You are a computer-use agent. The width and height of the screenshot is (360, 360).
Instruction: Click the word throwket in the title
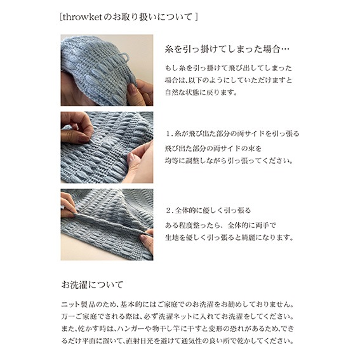[x=82, y=17]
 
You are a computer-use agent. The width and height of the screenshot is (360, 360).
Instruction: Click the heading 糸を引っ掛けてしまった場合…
[x=227, y=49]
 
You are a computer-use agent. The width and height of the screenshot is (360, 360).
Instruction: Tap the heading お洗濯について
[x=92, y=284]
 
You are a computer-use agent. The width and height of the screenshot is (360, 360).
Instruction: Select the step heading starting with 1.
[x=232, y=133]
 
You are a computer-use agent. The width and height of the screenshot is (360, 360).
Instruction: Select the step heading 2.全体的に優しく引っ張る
[x=208, y=210]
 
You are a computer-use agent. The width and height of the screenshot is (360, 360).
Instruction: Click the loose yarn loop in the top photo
[x=124, y=57]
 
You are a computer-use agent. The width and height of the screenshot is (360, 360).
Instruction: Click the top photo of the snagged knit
[x=107, y=70]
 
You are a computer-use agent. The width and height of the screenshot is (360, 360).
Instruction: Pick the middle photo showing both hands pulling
[x=107, y=147]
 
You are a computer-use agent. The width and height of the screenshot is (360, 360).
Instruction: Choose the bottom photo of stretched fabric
[x=107, y=225]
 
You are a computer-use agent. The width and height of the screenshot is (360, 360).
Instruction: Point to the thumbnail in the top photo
[x=132, y=89]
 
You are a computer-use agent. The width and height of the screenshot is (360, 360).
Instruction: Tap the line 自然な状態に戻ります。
[x=201, y=93]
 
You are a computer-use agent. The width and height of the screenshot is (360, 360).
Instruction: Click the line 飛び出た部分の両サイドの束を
[x=213, y=149]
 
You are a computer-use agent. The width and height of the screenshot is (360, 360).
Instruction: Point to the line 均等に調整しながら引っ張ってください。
[x=229, y=161]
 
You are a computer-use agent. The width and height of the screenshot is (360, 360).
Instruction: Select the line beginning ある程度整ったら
[x=220, y=225]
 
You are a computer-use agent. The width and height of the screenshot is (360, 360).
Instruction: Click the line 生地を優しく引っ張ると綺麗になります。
[x=229, y=237]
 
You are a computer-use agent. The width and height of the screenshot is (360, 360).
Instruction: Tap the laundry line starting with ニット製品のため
[x=178, y=304]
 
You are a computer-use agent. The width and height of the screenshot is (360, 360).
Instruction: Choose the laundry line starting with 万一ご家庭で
[x=178, y=317]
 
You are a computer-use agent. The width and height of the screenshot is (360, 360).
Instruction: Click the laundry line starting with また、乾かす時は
[x=178, y=329]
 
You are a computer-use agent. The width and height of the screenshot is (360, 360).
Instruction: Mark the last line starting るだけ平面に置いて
[x=178, y=341]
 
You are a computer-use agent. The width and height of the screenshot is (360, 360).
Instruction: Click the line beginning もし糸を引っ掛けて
[x=229, y=68]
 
